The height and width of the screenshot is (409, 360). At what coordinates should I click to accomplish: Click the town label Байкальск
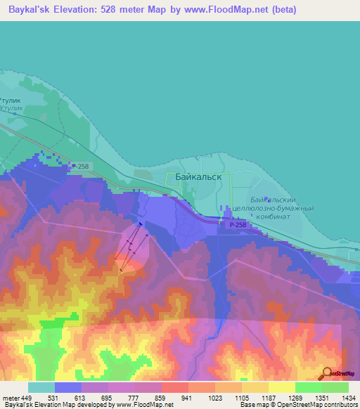click(193, 178)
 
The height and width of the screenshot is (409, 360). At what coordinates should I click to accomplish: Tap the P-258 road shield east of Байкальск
click(236, 224)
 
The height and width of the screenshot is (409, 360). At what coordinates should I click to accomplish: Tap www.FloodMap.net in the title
click(227, 10)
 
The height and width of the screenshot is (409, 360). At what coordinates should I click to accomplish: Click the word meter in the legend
click(9, 397)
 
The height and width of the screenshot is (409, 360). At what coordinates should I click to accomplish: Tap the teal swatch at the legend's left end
click(41, 387)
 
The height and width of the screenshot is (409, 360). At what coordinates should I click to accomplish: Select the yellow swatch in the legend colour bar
click(281, 387)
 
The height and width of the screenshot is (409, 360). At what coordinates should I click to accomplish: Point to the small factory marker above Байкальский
click(265, 199)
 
